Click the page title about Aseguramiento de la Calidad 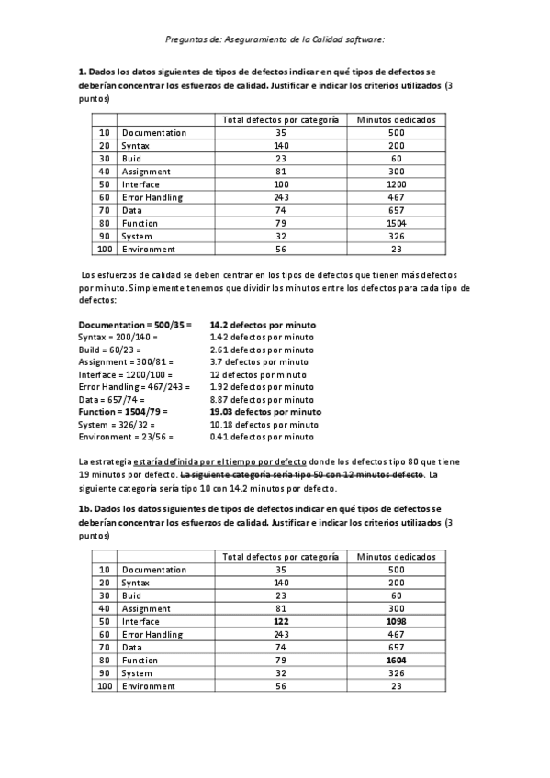(x=275, y=39)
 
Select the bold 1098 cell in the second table (x=397, y=621)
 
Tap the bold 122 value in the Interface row (x=281, y=621)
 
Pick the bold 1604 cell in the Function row (x=397, y=660)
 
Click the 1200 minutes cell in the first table (x=397, y=184)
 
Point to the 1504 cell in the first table (x=397, y=223)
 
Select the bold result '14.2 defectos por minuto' (x=263, y=325)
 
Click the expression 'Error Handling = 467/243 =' (x=134, y=387)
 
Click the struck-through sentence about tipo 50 (x=303, y=475)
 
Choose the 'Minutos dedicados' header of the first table (x=397, y=120)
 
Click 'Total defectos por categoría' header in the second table (x=281, y=557)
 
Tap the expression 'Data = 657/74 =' (x=113, y=400)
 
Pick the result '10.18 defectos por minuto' (x=264, y=425)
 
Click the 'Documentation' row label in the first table (x=153, y=133)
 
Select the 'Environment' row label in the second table (x=149, y=685)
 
